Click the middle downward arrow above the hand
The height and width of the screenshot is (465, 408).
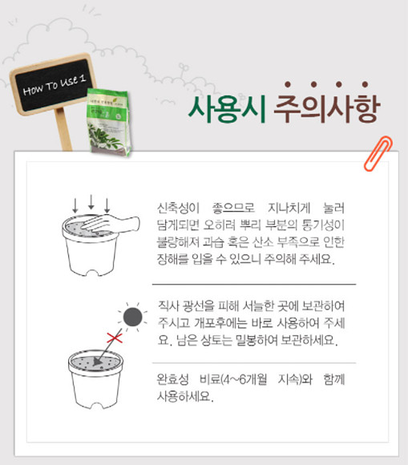[x=92, y=202]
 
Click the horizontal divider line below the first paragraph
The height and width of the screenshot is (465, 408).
[x=253, y=284]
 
